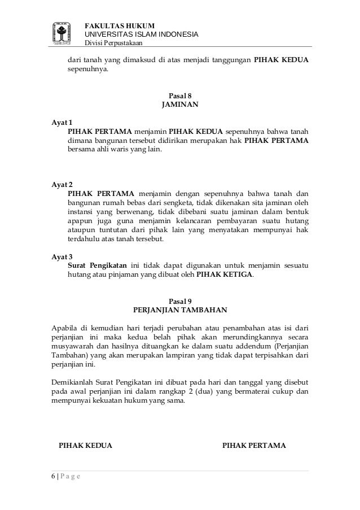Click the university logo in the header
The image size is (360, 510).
coord(62,33)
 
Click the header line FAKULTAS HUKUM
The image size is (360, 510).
coord(120,25)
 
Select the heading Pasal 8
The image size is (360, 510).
coord(180,95)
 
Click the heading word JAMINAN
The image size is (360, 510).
coord(180,105)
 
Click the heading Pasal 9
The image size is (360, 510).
coord(180,300)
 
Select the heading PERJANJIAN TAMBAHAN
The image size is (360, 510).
coord(180,310)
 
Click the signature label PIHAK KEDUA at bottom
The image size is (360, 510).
coord(86,446)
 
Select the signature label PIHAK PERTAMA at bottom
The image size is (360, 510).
coord(254,446)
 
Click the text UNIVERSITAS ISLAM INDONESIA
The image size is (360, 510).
coord(141,34)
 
